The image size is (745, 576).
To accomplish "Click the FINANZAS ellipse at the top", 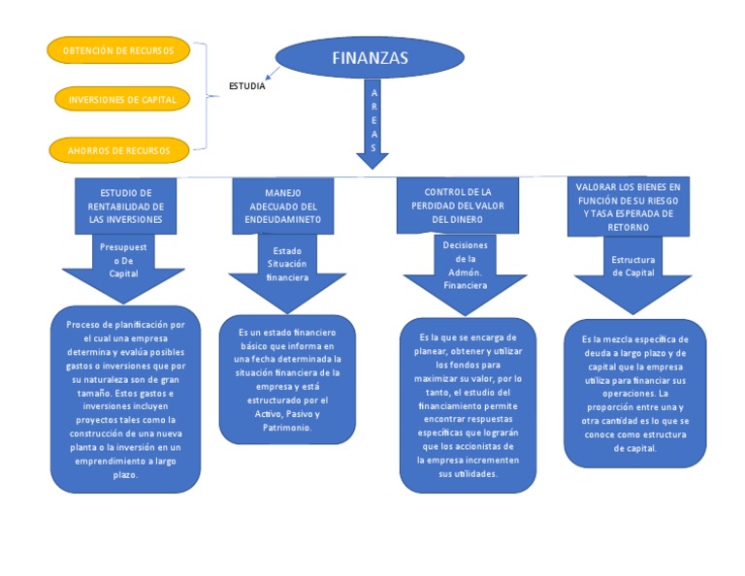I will coord(370,58).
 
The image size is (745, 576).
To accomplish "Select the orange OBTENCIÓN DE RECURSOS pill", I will coord(117,50).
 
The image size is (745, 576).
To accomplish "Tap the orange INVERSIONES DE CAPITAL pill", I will coord(121,100).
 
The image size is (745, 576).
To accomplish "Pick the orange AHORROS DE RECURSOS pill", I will coord(118,150).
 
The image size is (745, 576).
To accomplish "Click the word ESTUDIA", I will coord(246,87).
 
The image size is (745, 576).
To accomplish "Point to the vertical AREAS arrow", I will coord(372,121).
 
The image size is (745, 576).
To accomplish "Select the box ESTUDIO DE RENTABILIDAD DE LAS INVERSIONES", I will coord(126,206).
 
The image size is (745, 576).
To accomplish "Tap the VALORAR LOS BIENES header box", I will coord(629,206).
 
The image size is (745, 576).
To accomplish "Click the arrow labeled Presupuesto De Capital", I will coord(125,267).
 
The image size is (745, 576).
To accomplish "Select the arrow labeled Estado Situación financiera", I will coord(287,268).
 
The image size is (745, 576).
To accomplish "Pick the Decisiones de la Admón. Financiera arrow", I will coord(465,270).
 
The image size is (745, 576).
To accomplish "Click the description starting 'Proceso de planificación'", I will coord(125,400).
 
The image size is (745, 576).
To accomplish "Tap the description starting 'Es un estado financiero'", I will coord(287,379).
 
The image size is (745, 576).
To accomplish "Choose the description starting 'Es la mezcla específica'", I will coord(634,394).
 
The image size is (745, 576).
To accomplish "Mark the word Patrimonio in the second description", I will coord(286,427).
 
